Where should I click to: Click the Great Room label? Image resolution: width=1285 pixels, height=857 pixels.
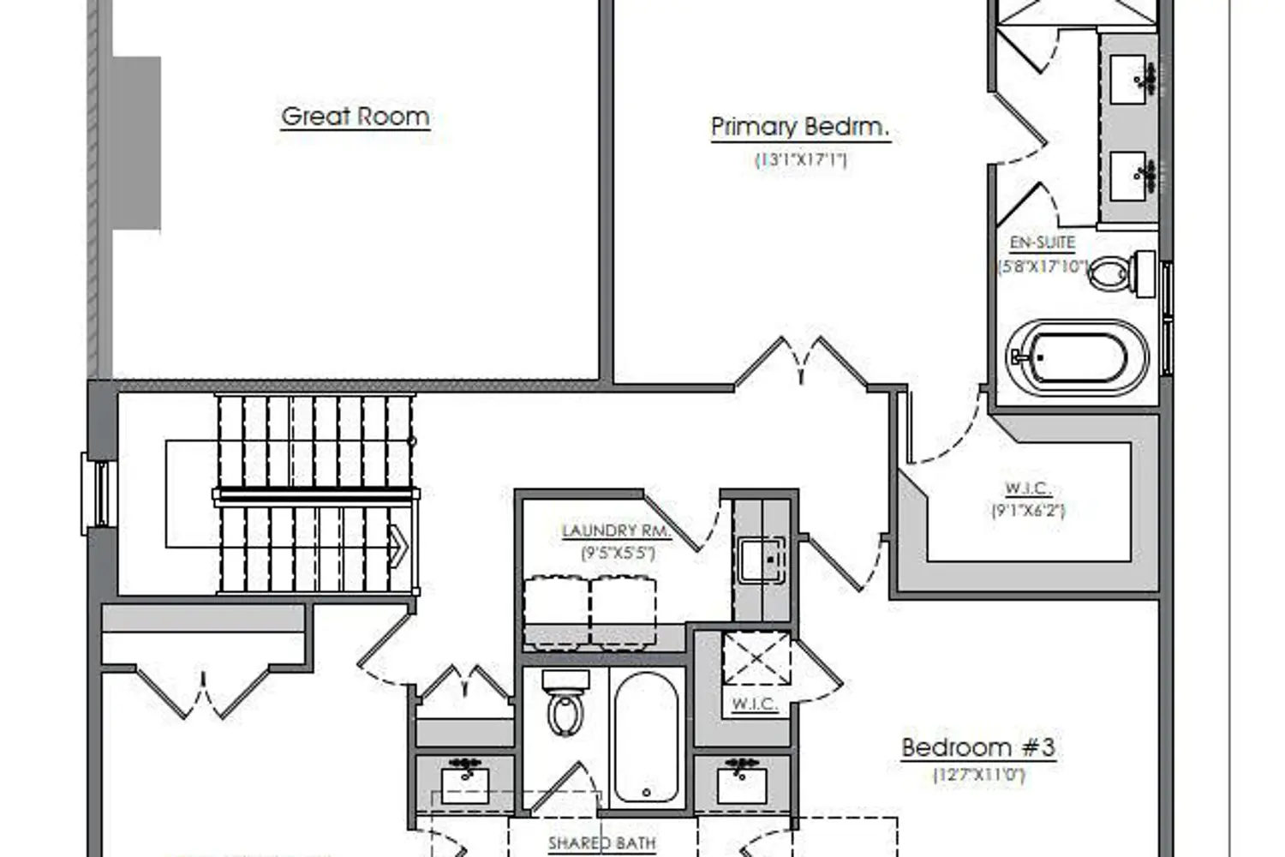[x=355, y=117]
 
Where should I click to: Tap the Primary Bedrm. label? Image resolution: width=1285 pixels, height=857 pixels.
[x=800, y=128]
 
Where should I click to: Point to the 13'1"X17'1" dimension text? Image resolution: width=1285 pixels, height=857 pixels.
[x=800, y=159]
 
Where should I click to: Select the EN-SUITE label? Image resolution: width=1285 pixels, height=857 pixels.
[x=1042, y=243]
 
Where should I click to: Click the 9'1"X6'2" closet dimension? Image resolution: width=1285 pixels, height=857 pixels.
[x=1028, y=511]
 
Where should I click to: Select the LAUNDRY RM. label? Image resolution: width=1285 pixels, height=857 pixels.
[x=616, y=531]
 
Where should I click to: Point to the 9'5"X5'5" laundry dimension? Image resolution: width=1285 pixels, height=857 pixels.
[x=618, y=554]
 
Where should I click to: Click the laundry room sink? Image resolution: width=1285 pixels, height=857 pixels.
[x=762, y=560]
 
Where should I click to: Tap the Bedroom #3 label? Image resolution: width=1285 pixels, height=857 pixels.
[x=977, y=747]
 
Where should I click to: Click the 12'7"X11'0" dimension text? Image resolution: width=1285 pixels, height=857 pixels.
[x=978, y=776]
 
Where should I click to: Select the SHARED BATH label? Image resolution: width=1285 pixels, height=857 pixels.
[x=601, y=843]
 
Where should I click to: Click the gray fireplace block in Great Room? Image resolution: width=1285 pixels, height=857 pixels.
[x=136, y=143]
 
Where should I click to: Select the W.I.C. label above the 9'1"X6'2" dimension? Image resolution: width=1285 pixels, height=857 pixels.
[x=1028, y=488]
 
